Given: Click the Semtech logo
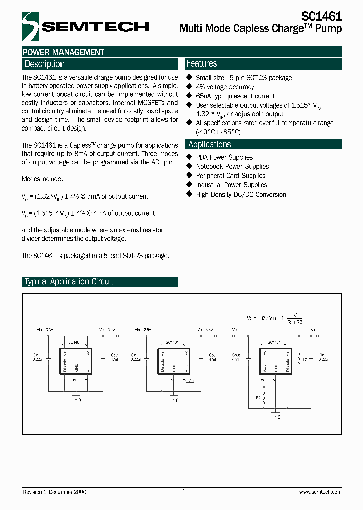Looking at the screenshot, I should pyautogui.click(x=85, y=26).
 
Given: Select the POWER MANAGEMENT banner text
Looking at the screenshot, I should pyautogui.click(x=64, y=52).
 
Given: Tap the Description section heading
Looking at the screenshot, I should pyautogui.click(x=44, y=64).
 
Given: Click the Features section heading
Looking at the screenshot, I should pyautogui.click(x=201, y=63).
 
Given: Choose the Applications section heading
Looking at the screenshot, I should pyautogui.click(x=209, y=145).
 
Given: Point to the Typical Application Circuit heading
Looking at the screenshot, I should pyautogui.click(x=69, y=282).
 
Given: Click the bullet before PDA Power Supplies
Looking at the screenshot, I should pyautogui.click(x=190, y=157).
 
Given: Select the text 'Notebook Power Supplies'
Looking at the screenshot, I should pyautogui.click(x=232, y=166).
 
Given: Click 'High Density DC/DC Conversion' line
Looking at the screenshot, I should pyautogui.click(x=240, y=194).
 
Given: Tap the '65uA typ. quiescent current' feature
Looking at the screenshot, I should pyautogui.click(x=235, y=96).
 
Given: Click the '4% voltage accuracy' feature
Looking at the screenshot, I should pyautogui.click(x=224, y=87).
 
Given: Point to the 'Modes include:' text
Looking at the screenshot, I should pyautogui.click(x=42, y=179).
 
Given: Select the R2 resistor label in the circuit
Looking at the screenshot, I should pyautogui.click(x=258, y=398).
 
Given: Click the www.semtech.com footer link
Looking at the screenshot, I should pyautogui.click(x=320, y=492).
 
